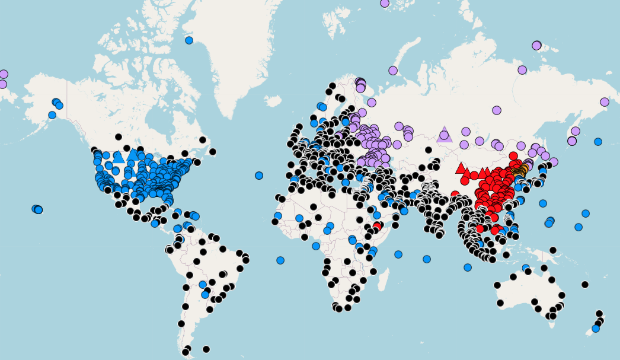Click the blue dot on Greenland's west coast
(x=189, y=40)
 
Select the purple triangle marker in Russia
(x=444, y=135)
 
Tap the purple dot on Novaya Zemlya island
(x=393, y=71)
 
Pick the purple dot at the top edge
(x=385, y=3)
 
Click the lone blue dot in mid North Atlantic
(x=259, y=176)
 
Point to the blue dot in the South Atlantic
(x=280, y=260)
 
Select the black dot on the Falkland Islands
(x=206, y=349)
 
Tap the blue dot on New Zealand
(x=596, y=329)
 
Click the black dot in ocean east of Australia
(x=585, y=285)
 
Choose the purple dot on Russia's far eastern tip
(x=605, y=102)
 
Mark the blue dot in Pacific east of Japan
(x=598, y=142)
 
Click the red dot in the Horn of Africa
(x=377, y=226)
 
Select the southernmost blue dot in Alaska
(x=52, y=115)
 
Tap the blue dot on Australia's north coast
(x=526, y=268)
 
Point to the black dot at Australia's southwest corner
(x=500, y=303)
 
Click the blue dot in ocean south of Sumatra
(x=468, y=267)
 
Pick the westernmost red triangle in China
(x=461, y=168)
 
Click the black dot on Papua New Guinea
(x=552, y=250)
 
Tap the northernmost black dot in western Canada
(x=119, y=137)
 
